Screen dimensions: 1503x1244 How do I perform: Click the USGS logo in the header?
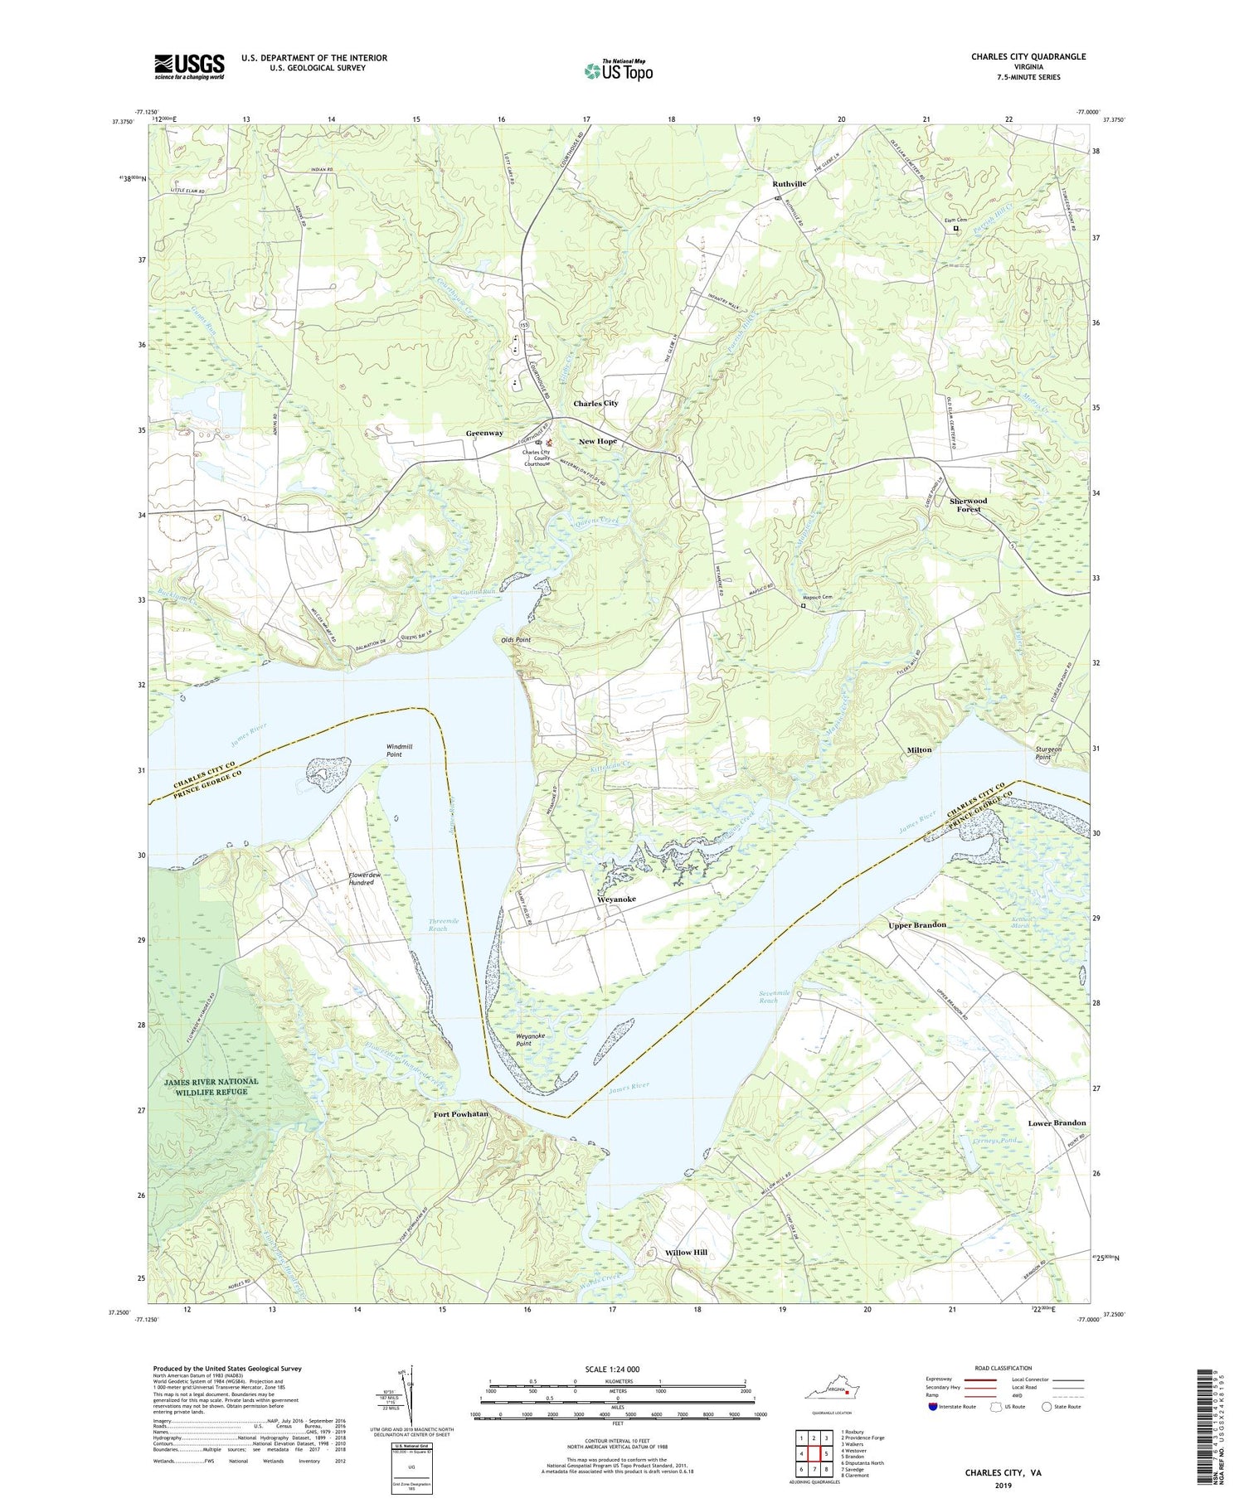[x=189, y=65]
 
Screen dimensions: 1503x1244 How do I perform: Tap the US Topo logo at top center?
[x=618, y=70]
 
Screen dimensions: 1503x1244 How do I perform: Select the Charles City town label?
[x=595, y=403]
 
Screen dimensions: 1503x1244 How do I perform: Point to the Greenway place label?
[x=484, y=433]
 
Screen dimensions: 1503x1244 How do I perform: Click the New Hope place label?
[x=597, y=441]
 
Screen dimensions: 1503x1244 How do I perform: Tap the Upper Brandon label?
[x=916, y=924]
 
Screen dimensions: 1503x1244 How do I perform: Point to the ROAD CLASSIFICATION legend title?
[x=1003, y=1368]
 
